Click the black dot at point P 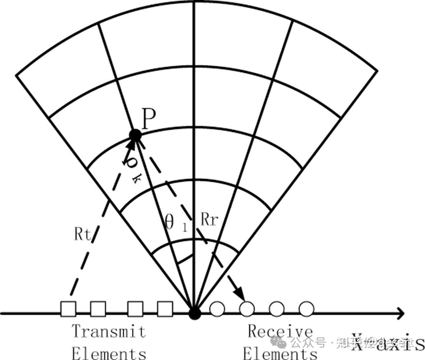135,135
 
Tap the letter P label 148,120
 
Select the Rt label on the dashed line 83,234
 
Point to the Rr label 209,220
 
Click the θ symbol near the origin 170,222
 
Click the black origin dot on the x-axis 194,313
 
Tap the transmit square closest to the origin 165,309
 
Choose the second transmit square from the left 98,309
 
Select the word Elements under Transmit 109,353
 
